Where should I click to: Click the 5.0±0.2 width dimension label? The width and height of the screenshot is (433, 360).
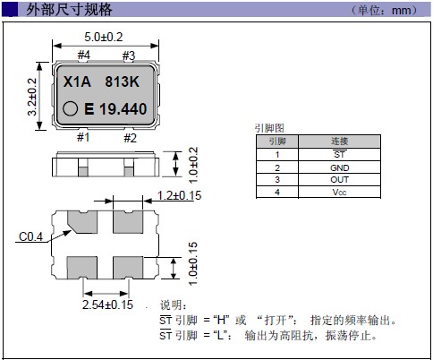tap(104, 37)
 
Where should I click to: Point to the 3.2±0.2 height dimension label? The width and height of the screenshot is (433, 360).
tap(32, 97)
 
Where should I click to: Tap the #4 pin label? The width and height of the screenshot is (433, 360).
tap(84, 55)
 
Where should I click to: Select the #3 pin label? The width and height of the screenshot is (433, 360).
tap(129, 56)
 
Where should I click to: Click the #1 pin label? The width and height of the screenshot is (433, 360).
tap(83, 137)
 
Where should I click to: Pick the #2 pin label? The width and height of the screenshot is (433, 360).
tap(130, 138)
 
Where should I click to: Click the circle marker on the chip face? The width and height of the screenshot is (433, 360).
tap(71, 108)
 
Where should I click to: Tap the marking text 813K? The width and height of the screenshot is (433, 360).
tap(122, 81)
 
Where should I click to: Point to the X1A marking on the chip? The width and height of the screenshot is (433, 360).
tap(77, 81)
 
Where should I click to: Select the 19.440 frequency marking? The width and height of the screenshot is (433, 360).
tap(123, 109)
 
